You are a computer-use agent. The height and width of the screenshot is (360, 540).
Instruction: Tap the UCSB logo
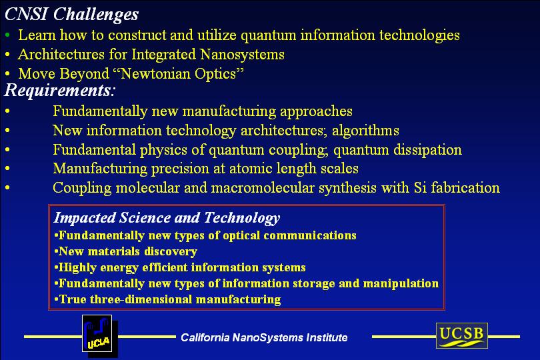[462, 335]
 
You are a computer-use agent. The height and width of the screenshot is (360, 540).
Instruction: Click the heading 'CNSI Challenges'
[71, 15]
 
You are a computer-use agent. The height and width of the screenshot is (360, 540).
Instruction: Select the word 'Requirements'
[57, 90]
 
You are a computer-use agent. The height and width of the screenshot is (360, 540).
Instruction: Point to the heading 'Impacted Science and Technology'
[167, 218]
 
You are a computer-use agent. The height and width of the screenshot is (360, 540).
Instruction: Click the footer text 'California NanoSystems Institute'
[264, 337]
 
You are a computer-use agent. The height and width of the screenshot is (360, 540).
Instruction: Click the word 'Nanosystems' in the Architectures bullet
[242, 55]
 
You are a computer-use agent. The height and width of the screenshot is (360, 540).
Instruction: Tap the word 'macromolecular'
[263, 188]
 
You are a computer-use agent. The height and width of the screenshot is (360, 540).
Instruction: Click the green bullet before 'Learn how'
[7, 35]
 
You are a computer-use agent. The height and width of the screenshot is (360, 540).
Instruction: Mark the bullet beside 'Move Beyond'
[7, 74]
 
